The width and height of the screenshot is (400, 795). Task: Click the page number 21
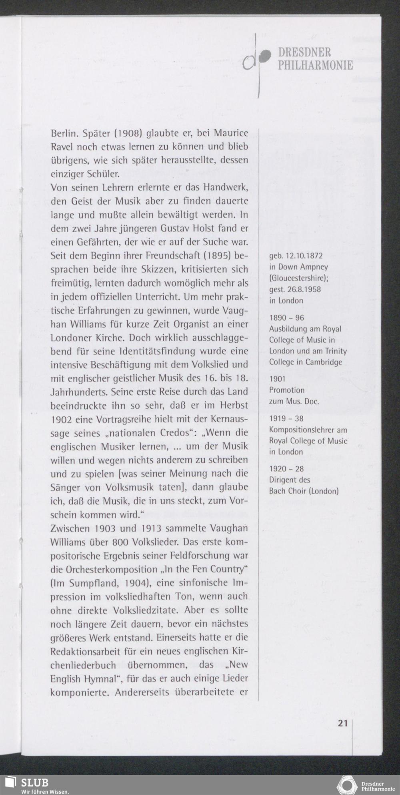343,723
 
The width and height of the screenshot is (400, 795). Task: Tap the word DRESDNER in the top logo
304,52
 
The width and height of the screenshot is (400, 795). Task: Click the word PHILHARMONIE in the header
315,65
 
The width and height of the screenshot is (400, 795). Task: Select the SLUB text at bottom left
35,783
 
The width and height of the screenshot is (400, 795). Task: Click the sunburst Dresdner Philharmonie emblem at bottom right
347,785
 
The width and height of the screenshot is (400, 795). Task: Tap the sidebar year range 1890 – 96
286,317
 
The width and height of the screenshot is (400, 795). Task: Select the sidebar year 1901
277,379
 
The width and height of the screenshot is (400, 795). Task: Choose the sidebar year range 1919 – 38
286,419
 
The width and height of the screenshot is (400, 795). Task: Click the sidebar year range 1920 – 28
286,468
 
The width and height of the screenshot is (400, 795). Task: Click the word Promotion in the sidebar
287,390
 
